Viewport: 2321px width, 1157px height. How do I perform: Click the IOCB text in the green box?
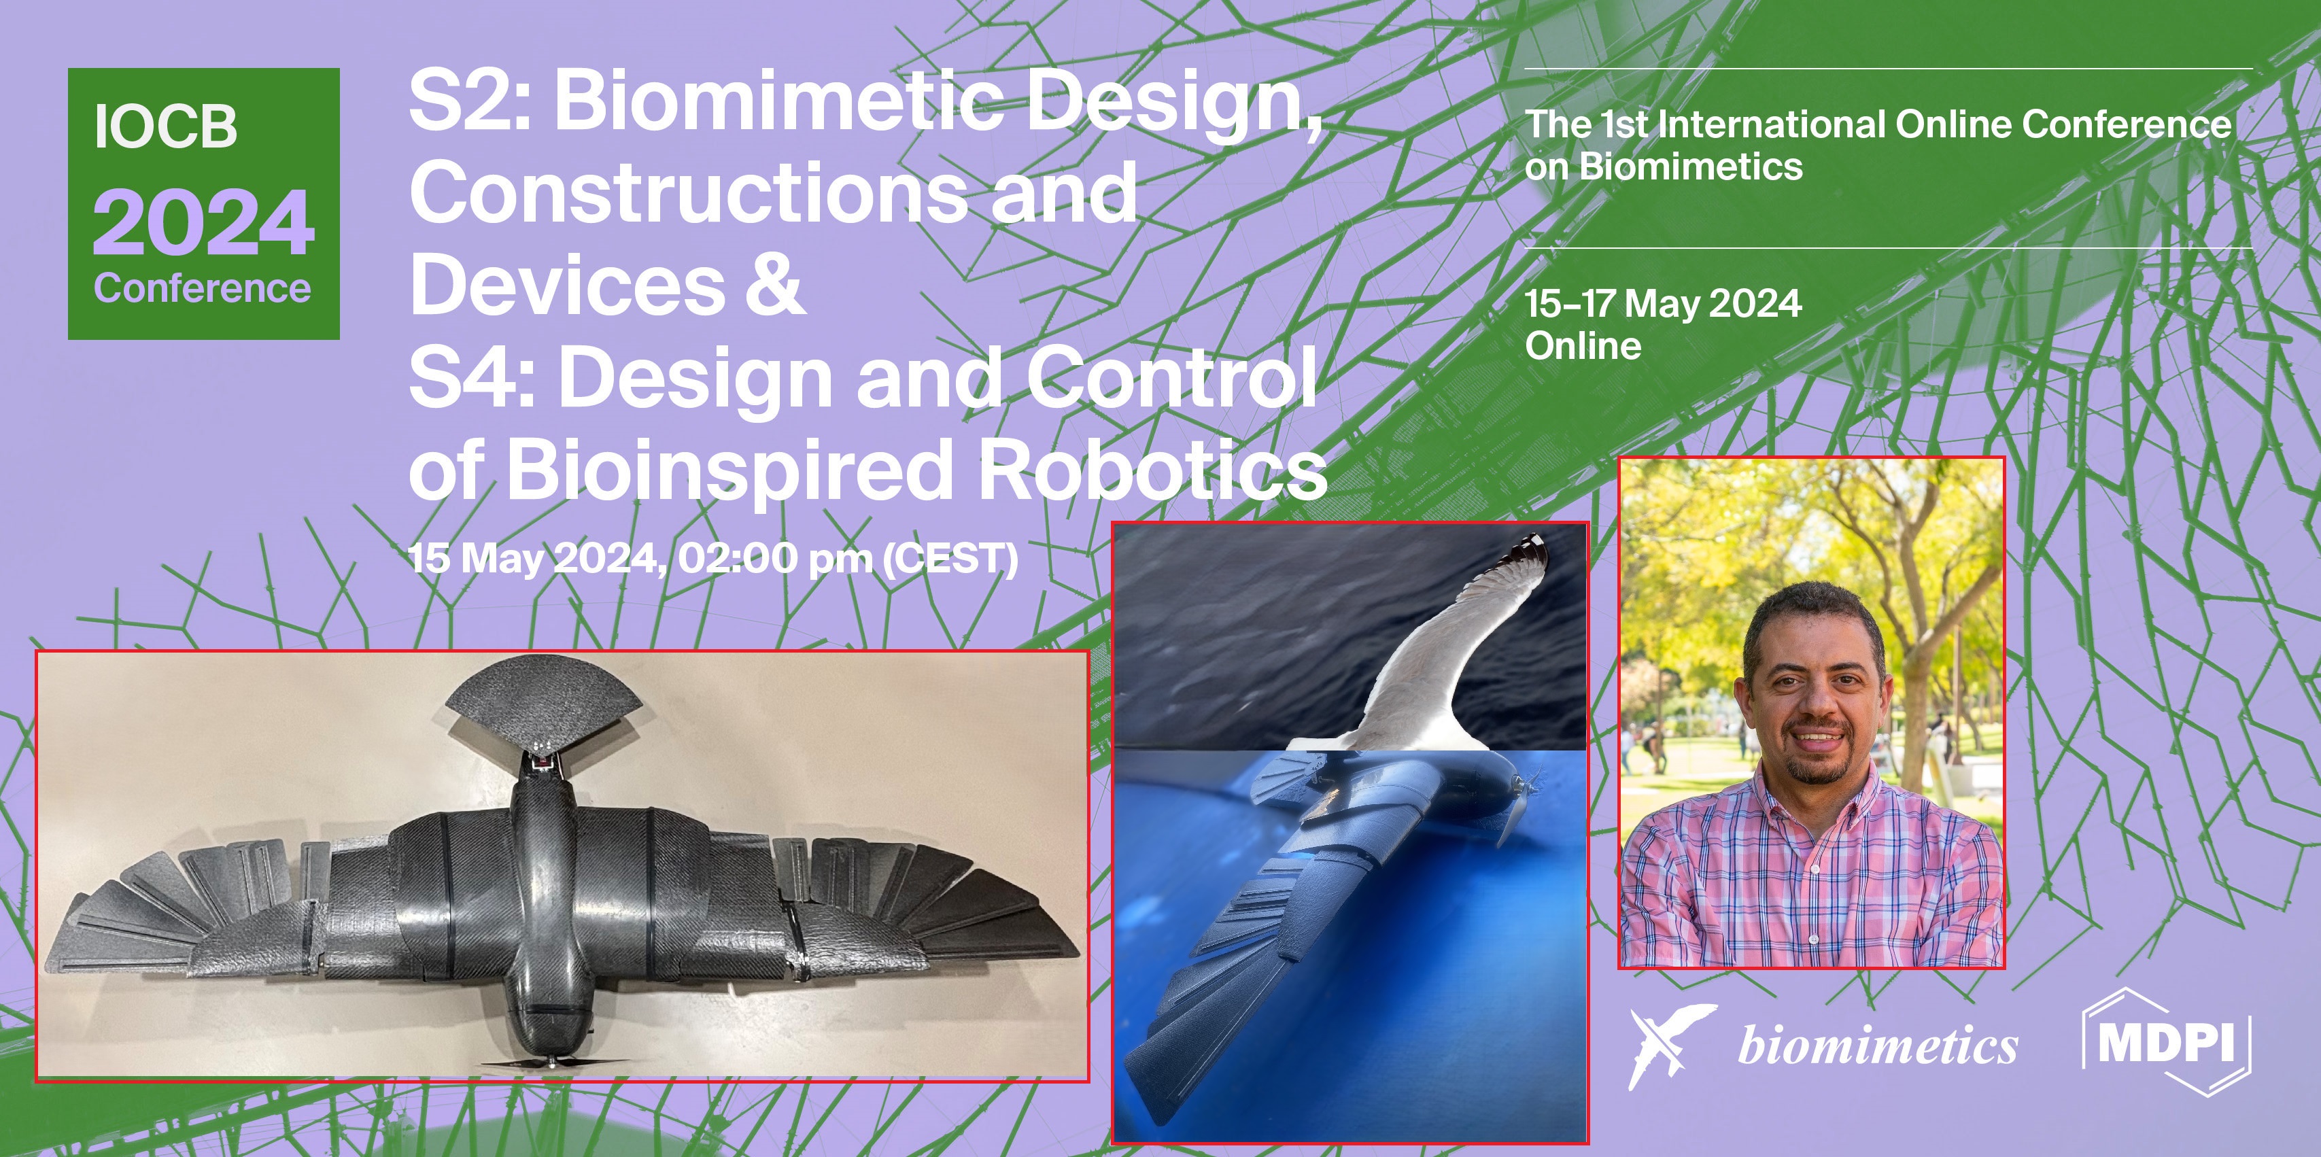click(x=166, y=126)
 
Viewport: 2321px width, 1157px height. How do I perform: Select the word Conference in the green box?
click(x=203, y=288)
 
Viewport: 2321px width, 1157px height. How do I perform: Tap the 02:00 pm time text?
click(x=776, y=559)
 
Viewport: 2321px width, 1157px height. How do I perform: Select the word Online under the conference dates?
click(x=1583, y=346)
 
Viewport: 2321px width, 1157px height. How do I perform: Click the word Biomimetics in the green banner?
click(x=1691, y=167)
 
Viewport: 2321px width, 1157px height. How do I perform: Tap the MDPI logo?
click(x=2167, y=1043)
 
